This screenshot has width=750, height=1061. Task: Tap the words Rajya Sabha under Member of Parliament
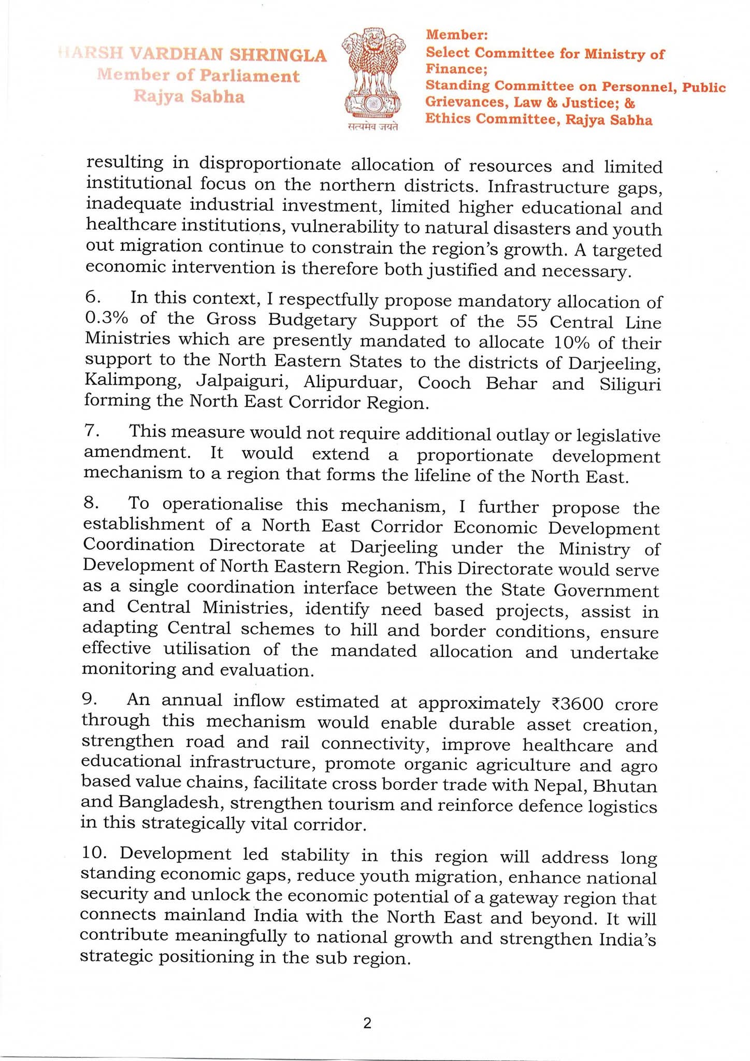189,96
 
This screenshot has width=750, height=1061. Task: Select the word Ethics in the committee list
448,119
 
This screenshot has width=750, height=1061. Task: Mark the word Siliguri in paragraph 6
630,385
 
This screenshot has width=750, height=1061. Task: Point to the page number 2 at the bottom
367,1023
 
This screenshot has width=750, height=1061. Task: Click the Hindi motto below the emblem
373,127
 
